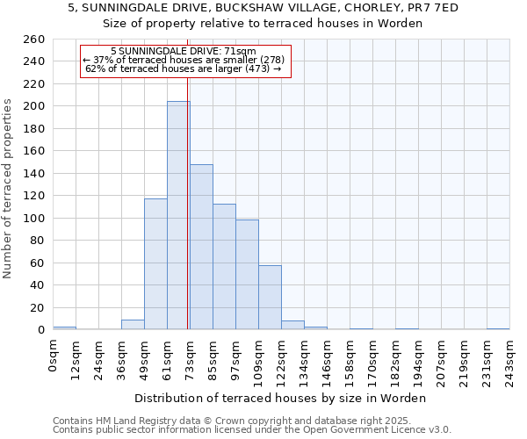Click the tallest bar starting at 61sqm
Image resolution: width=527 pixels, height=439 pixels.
pyautogui.click(x=178, y=215)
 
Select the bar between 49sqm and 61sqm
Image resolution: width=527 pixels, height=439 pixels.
pyautogui.click(x=155, y=263)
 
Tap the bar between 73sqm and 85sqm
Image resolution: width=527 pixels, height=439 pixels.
pyautogui.click(x=201, y=247)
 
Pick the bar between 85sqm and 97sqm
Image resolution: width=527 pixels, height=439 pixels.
pyautogui.click(x=224, y=267)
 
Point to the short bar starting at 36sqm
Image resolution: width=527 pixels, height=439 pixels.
pyautogui.click(x=133, y=325)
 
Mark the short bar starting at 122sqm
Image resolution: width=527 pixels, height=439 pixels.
pyautogui.click(x=292, y=325)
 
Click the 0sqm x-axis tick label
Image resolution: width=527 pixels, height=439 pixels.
pyautogui.click(x=54, y=353)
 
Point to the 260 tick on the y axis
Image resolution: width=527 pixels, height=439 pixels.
pyautogui.click(x=34, y=40)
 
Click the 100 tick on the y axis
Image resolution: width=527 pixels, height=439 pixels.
pyautogui.click(x=34, y=218)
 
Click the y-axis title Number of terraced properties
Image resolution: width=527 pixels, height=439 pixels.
pyautogui.click(x=9, y=189)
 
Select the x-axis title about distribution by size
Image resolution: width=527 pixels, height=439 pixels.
pyautogui.click(x=280, y=398)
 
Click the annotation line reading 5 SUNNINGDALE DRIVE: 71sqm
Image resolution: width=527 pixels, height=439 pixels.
pyautogui.click(x=184, y=51)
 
